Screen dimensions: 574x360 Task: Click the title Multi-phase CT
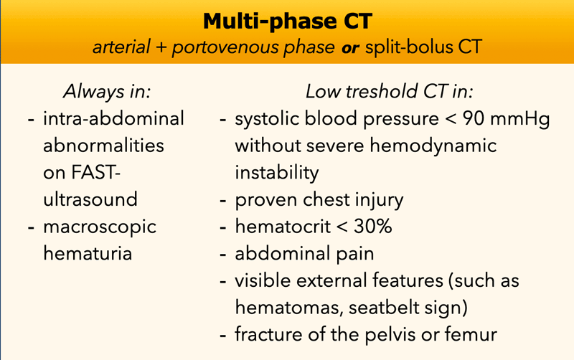tap(288, 22)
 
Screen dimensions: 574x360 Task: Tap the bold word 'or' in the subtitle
tap(350, 48)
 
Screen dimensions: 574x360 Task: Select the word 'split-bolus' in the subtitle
tap(409, 47)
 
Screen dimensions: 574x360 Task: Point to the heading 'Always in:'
tap(107, 91)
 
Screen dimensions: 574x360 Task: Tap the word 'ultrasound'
tap(90, 199)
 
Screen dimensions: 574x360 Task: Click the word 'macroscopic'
tap(100, 227)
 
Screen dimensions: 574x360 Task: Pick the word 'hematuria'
tap(88, 253)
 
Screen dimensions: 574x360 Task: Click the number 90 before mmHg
tap(474, 118)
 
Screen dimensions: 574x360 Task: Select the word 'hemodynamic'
tap(433, 146)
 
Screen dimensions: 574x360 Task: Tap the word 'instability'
tap(277, 173)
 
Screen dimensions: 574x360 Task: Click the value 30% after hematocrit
tap(372, 227)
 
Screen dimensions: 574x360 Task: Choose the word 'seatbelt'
tap(384, 308)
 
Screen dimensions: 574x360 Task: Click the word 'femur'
tap(471, 334)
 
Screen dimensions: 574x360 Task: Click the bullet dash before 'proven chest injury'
tap(223, 201)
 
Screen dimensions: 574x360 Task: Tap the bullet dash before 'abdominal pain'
tap(223, 255)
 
